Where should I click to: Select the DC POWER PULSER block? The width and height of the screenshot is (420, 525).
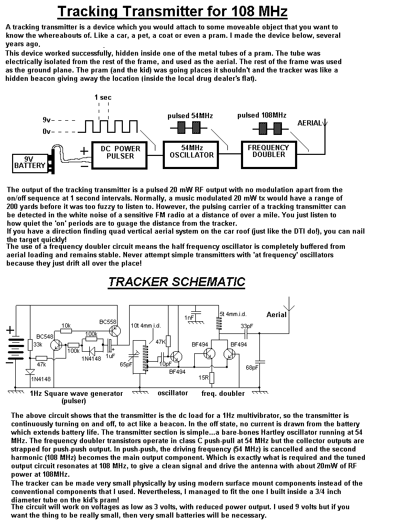click(x=120, y=152)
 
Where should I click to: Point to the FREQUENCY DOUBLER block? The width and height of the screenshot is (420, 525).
click(x=268, y=151)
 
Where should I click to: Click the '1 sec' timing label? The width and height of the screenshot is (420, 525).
click(x=103, y=98)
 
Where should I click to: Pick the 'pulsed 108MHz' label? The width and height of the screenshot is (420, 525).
click(x=261, y=115)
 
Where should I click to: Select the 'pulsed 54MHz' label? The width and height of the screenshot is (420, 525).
click(x=190, y=115)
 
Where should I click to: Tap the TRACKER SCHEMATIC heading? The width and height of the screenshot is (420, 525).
click(x=176, y=282)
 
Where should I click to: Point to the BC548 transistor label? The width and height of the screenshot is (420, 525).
click(x=46, y=337)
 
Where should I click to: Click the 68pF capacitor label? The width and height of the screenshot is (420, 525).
click(x=252, y=367)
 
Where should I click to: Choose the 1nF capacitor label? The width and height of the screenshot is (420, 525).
click(x=190, y=318)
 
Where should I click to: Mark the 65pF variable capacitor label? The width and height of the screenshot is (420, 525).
click(x=125, y=364)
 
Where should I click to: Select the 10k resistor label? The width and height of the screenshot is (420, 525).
click(x=66, y=325)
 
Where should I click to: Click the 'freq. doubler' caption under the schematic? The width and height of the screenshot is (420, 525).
click(x=223, y=393)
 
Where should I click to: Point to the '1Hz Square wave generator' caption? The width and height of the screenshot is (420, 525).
click(x=77, y=393)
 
